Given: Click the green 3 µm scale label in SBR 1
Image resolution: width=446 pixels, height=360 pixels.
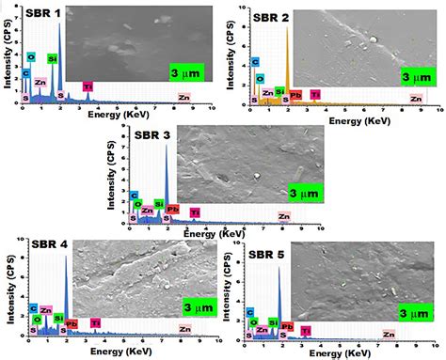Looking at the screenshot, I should (186, 72).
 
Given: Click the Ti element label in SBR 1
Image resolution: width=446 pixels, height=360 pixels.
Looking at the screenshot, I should (88, 86).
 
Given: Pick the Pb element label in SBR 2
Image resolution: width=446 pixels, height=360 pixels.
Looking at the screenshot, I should (295, 94).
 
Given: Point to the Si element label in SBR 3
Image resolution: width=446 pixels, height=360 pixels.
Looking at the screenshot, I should (159, 203).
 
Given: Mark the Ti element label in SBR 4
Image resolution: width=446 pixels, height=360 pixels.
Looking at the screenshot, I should (95, 322).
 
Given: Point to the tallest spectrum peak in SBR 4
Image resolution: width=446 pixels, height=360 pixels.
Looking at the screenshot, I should (66, 258).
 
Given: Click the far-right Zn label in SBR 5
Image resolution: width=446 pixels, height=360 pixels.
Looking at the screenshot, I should (388, 334).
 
